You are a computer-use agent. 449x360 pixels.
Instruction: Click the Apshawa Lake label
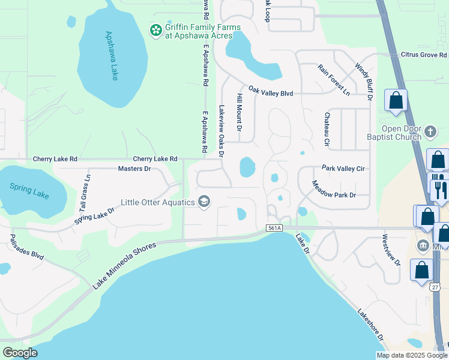(x=112, y=55)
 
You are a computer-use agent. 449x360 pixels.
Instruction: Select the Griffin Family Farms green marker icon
(x=155, y=29)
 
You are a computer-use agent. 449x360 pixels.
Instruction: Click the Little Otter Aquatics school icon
(x=204, y=202)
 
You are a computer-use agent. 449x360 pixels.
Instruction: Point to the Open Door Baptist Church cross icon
(x=430, y=131)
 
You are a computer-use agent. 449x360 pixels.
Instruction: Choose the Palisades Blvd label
(x=26, y=247)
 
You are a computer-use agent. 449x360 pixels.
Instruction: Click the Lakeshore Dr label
(x=370, y=326)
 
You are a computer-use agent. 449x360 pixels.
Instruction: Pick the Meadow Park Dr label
(x=334, y=189)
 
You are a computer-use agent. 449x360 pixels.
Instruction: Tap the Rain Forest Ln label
(x=334, y=80)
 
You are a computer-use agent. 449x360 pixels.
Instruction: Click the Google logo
(x=20, y=353)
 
